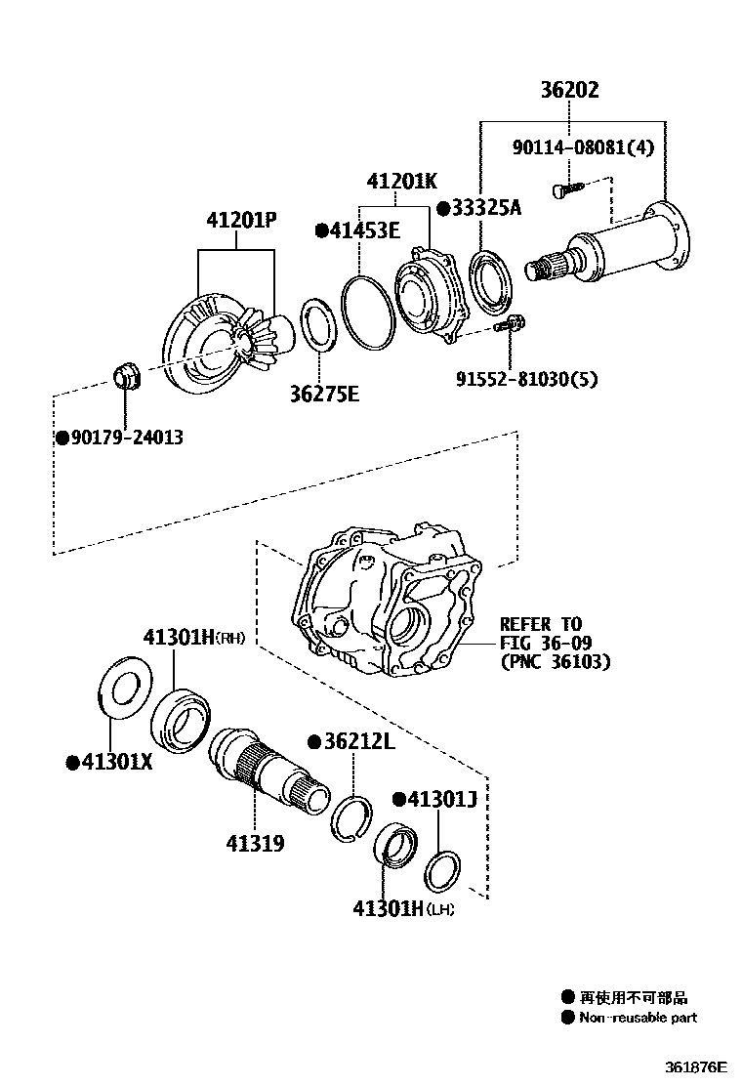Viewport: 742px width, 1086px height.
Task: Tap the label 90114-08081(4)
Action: click(583, 147)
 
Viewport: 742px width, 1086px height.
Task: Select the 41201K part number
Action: click(401, 182)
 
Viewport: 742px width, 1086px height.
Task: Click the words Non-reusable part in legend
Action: click(638, 1017)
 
